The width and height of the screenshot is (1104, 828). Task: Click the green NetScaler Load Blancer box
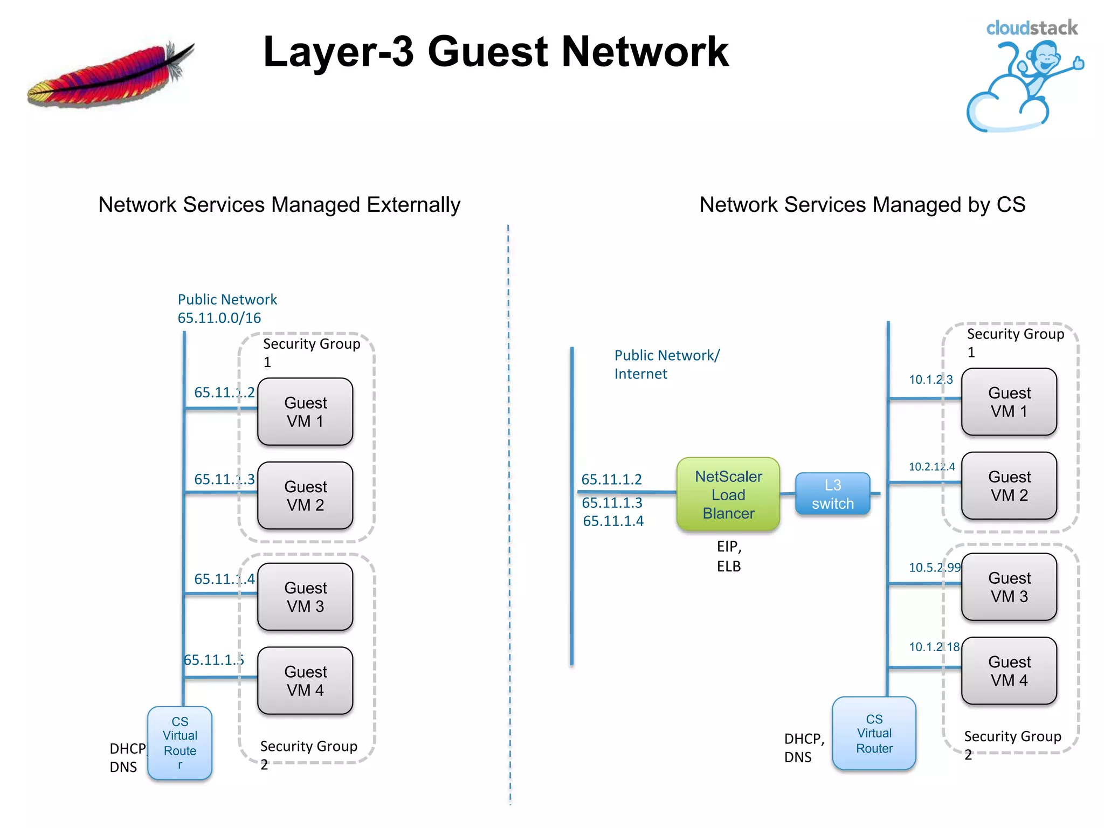pyautogui.click(x=728, y=494)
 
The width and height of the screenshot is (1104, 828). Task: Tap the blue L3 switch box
pyautogui.click(x=832, y=494)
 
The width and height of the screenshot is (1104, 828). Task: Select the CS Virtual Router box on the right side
pyautogui.click(x=874, y=733)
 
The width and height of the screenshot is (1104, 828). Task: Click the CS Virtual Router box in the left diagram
pyautogui.click(x=180, y=742)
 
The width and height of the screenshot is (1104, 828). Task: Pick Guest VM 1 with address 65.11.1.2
pyautogui.click(x=305, y=412)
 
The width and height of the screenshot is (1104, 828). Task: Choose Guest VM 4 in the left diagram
pyautogui.click(x=305, y=681)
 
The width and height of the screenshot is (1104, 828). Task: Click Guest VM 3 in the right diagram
pyautogui.click(x=1009, y=587)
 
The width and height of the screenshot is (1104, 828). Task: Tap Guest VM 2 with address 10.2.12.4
pyautogui.click(x=1009, y=486)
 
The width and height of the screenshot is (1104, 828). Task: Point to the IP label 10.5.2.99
pyautogui.click(x=934, y=567)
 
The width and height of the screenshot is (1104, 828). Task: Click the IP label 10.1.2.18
pyautogui.click(x=934, y=646)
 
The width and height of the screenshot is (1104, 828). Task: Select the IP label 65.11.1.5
pyautogui.click(x=213, y=660)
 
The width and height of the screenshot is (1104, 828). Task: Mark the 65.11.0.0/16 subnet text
pyautogui.click(x=219, y=318)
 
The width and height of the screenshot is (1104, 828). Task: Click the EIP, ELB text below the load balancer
pyautogui.click(x=729, y=556)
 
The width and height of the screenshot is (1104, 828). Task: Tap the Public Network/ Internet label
pyautogui.click(x=666, y=364)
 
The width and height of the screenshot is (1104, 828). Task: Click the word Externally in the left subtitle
pyautogui.click(x=413, y=205)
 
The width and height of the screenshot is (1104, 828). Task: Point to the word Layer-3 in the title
pyautogui.click(x=338, y=52)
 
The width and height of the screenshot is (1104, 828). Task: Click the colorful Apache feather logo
pyautogui.click(x=111, y=75)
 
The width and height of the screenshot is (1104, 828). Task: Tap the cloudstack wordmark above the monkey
pyautogui.click(x=1031, y=28)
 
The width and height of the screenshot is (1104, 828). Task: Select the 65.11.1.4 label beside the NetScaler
pyautogui.click(x=613, y=521)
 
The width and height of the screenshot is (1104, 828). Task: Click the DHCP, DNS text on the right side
pyautogui.click(x=803, y=748)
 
